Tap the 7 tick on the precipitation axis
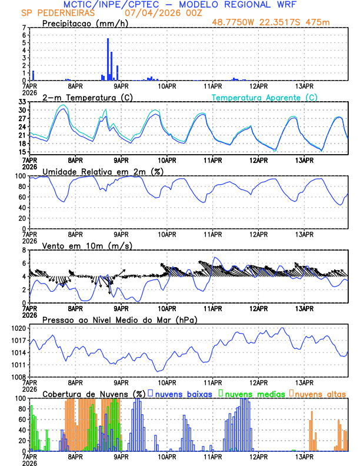point(24,28)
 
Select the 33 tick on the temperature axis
point(21,102)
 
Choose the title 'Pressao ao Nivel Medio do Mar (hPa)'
point(119,319)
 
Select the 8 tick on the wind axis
point(24,250)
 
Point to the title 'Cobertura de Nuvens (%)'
point(94,394)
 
